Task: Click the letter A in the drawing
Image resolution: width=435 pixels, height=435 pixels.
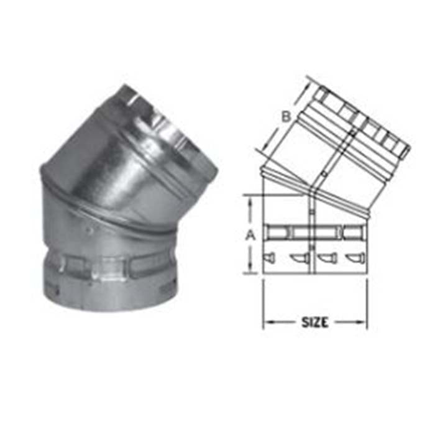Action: point(250,235)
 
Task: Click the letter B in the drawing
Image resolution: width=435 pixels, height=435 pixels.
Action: point(286,116)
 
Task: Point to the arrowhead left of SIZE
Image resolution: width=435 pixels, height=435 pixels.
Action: point(268,322)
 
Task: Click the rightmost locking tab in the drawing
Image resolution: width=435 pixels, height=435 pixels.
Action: point(352,257)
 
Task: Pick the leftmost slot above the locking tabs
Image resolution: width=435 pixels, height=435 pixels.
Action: point(277,233)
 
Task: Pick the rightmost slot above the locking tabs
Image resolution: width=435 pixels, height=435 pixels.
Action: point(352,233)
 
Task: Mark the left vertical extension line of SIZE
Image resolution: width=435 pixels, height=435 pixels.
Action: point(263,304)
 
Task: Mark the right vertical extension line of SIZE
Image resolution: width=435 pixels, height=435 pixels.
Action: point(367,304)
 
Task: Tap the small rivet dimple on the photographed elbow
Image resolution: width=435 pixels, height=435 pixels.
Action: point(91,229)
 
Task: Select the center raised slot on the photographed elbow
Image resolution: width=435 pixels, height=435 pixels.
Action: point(111,268)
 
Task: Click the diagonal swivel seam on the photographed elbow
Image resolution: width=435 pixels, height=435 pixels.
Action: point(112,211)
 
